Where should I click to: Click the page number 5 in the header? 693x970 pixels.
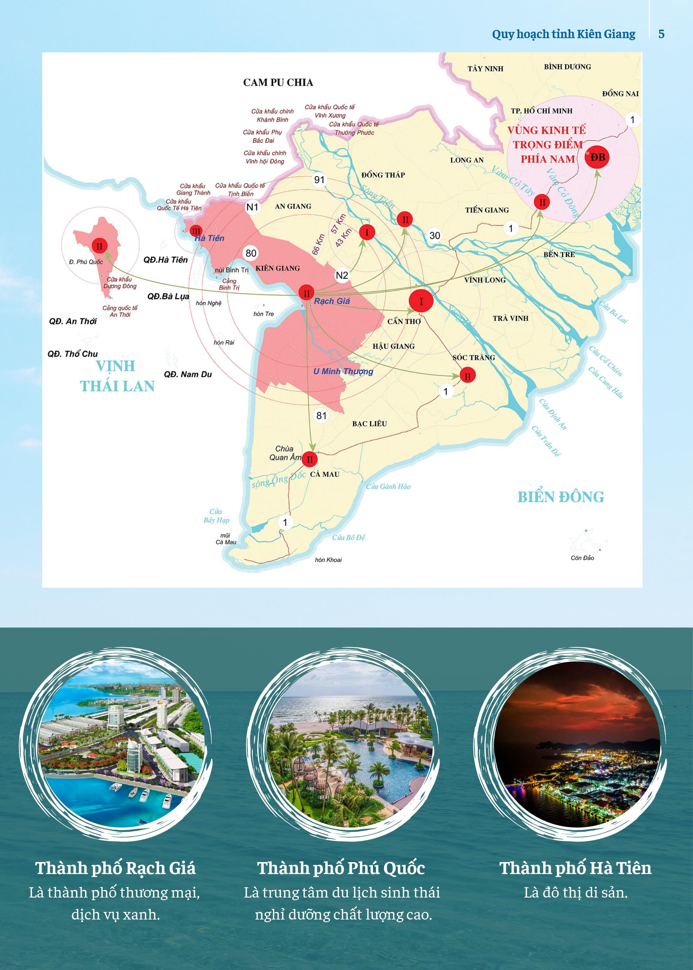click(x=661, y=34)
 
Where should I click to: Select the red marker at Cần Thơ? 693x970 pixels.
click(x=421, y=301)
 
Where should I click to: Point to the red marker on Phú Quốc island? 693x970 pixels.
click(x=99, y=246)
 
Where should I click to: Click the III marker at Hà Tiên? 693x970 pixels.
click(x=196, y=231)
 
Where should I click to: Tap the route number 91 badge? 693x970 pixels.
click(x=319, y=180)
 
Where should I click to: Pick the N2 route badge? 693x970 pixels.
click(x=342, y=275)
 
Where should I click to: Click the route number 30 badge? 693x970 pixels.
click(x=434, y=235)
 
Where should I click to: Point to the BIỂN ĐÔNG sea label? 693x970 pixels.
click(x=561, y=497)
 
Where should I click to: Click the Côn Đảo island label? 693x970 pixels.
click(x=582, y=558)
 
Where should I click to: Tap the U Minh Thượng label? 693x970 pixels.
click(x=343, y=371)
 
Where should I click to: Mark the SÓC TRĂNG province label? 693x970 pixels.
click(x=474, y=358)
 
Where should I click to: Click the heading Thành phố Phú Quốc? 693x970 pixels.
click(x=341, y=868)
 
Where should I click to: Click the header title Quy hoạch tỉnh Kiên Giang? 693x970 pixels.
click(x=563, y=34)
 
